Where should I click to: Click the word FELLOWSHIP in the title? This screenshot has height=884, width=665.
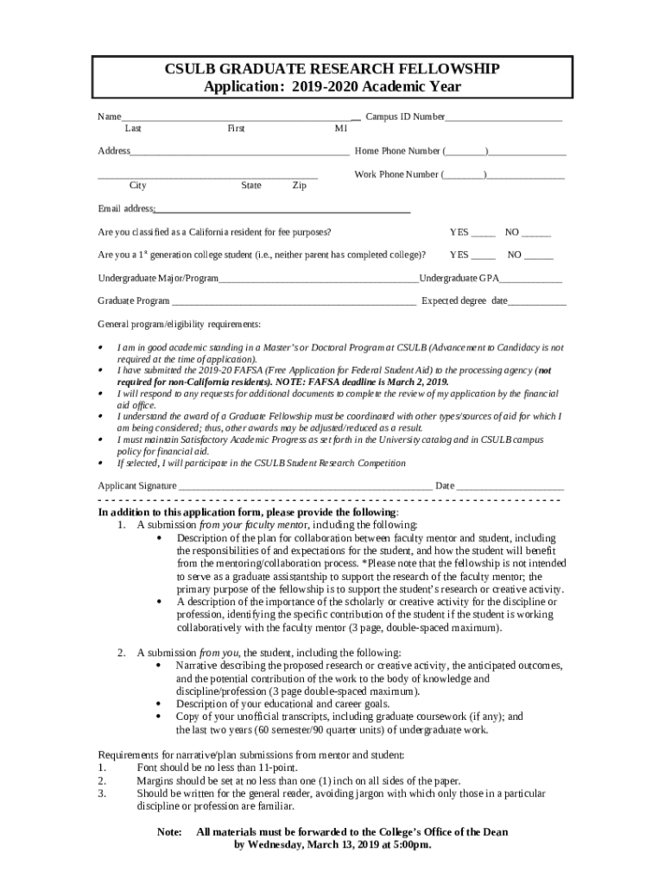point(446,69)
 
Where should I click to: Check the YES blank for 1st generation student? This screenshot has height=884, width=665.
point(484,256)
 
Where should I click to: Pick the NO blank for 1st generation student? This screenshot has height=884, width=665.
point(539,256)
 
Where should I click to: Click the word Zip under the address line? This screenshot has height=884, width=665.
point(299,186)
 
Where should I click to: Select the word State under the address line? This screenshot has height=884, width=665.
point(251,186)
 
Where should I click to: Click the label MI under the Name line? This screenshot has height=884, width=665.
point(341,129)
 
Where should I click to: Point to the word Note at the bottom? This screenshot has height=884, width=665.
point(168,832)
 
